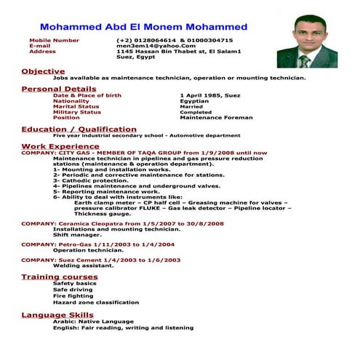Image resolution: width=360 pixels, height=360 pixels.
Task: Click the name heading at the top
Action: [143, 27]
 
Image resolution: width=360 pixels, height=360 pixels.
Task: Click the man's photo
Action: [306, 41]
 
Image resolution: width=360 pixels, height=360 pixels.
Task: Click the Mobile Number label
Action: [54, 40]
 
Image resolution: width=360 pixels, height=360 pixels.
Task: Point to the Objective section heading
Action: [43, 71]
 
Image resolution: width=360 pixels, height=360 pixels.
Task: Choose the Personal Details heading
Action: [58, 89]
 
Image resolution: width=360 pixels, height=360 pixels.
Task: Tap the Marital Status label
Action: [76, 106]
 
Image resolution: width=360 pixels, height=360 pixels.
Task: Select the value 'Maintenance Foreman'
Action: [215, 118]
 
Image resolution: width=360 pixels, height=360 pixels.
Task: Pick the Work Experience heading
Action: [60, 146]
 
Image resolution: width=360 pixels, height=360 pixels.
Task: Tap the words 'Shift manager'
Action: [76, 235]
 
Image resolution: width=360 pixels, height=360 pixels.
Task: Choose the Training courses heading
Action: [59, 277]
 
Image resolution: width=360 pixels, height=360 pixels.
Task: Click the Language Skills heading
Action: [57, 314]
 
